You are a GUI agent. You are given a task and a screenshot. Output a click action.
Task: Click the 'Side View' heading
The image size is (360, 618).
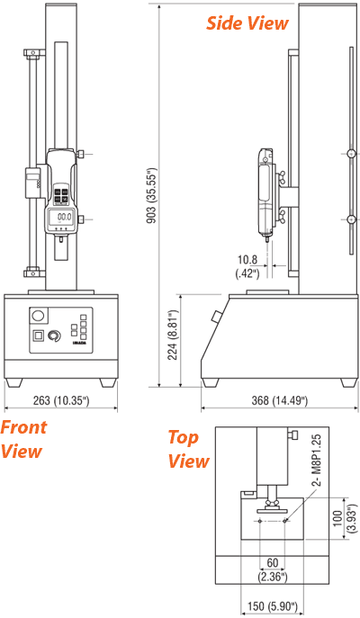(247, 22)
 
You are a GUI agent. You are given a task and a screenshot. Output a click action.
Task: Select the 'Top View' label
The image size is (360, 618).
(189, 450)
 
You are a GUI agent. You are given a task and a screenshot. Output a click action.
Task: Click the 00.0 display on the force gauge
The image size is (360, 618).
(64, 218)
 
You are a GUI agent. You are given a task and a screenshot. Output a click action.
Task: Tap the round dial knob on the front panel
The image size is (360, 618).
(54, 337)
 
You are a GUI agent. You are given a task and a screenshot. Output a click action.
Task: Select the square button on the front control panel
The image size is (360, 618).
(37, 336)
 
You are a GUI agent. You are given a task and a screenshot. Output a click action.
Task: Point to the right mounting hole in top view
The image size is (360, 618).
(285, 521)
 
